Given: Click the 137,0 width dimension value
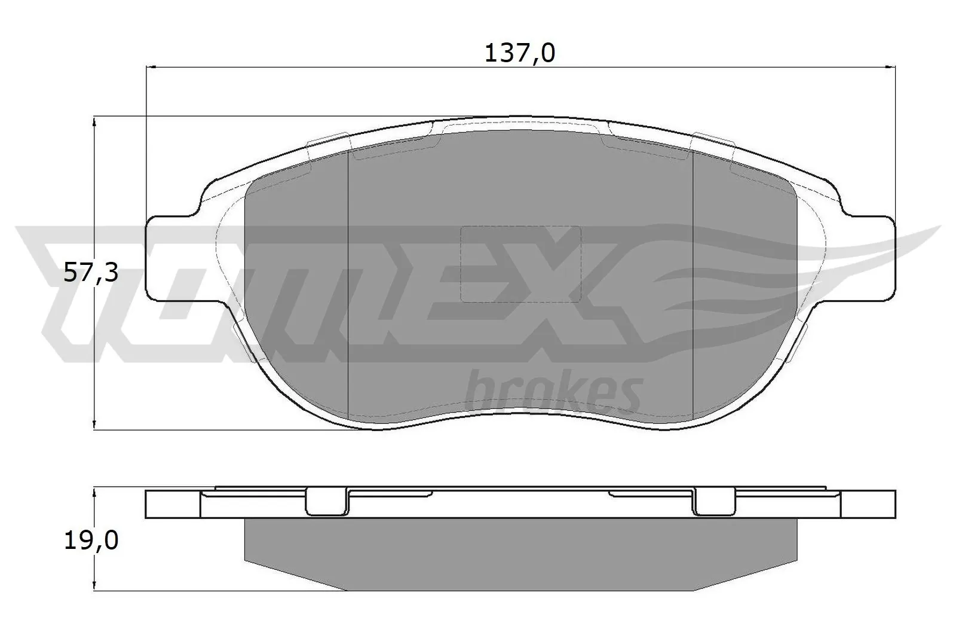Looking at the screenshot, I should [519, 54].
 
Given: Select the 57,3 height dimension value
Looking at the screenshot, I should [91, 273].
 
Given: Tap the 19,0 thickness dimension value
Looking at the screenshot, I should [91, 541].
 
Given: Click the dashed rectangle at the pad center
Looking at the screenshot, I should [520, 264].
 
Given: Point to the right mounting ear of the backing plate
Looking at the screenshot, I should [869, 258].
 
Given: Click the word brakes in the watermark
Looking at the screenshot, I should [553, 392].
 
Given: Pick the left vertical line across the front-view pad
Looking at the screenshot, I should [348, 281].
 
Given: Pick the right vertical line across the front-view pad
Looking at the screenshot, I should [692, 281].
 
